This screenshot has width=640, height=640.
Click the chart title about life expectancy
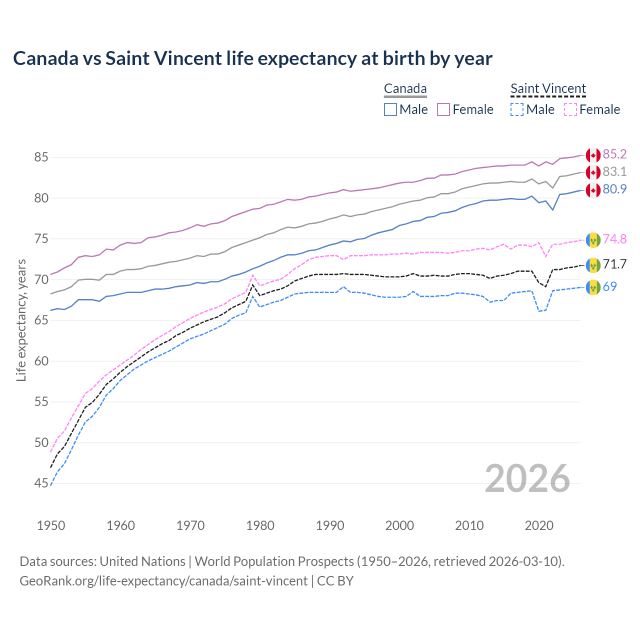[252, 58]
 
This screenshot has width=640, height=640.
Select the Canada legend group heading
[405, 89]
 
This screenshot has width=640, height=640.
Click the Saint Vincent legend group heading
[548, 89]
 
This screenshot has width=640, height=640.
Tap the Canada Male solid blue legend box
[390, 109]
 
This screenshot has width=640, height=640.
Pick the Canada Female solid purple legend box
[443, 109]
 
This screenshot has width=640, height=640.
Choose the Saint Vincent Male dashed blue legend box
[517, 109]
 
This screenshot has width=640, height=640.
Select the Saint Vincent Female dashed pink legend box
[570, 109]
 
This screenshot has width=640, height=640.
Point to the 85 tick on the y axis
[41, 157]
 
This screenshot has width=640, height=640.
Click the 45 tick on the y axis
[41, 483]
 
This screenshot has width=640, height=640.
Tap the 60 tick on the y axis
[41, 361]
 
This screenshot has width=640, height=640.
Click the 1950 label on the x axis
[51, 525]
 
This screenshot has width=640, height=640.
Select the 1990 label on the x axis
[330, 525]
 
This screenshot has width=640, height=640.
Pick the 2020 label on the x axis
[539, 525]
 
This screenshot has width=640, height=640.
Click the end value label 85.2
[614, 154]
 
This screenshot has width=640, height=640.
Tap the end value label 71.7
[614, 264]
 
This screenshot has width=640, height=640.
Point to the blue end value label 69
[610, 286]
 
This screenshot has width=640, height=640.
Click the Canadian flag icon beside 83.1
[593, 172]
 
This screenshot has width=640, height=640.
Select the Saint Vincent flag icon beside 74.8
[593, 240]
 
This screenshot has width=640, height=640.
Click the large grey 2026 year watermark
[527, 478]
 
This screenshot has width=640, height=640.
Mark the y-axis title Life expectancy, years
[21, 320]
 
